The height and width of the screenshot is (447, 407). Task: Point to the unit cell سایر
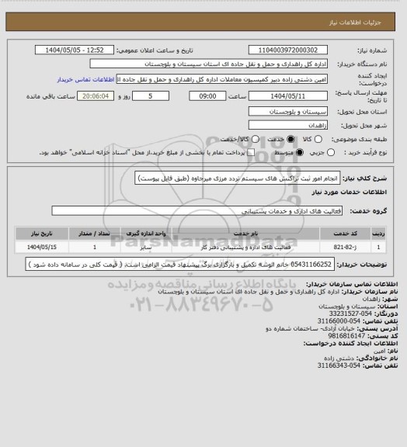coord(147,248)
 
